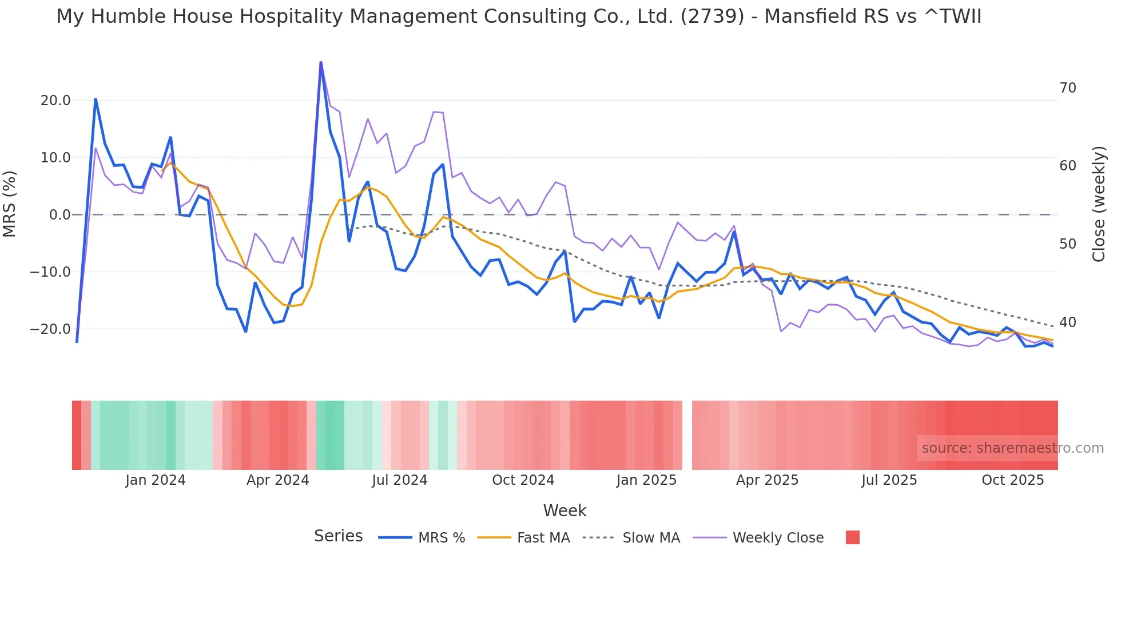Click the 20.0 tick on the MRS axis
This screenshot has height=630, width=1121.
55,101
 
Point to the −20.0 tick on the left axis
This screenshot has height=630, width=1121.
50,329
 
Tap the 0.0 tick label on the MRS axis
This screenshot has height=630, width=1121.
59,215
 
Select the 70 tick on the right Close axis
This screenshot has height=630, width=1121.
1067,88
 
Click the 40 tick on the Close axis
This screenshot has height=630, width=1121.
1067,322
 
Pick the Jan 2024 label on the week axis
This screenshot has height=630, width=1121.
156,480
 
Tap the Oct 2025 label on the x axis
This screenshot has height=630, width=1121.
1012,480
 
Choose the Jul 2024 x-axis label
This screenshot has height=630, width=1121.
399,480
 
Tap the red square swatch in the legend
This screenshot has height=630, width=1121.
852,537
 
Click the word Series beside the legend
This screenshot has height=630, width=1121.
338,536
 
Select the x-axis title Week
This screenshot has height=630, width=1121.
565,511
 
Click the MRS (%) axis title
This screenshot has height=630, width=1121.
10,204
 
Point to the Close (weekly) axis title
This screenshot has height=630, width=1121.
1098,204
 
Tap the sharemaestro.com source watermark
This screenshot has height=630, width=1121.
1012,448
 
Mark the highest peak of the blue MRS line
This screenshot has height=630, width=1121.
321,62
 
